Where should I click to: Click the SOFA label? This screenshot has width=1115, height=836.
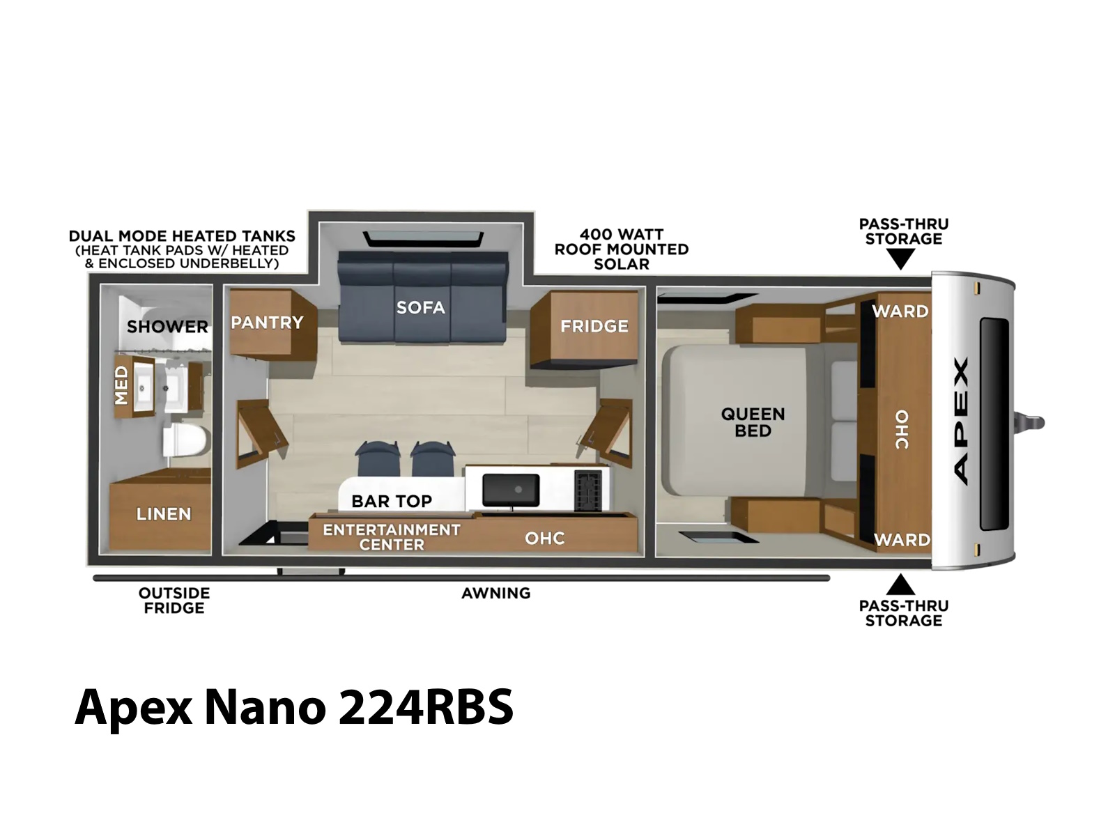(421, 307)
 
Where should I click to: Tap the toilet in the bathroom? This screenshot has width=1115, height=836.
(185, 440)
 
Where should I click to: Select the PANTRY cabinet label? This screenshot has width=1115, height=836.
(267, 323)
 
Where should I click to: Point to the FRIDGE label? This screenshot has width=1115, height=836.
(594, 326)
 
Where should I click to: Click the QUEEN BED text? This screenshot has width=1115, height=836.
(753, 422)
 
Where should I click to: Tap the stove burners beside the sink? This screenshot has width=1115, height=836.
(587, 489)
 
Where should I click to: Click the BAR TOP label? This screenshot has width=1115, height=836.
(392, 502)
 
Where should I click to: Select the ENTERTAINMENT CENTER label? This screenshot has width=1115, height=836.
(392, 537)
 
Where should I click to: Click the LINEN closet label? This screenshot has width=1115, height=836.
(164, 514)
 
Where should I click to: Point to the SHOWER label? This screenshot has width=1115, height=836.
(168, 326)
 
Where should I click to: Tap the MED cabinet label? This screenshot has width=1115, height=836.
(121, 385)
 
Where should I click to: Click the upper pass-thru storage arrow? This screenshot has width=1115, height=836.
(900, 259)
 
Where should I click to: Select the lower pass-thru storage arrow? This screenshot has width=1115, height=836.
(900, 585)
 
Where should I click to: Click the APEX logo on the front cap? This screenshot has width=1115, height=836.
(960, 421)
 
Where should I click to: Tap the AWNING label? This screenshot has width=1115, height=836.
(495, 593)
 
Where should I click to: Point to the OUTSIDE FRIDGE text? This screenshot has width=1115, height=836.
(174, 601)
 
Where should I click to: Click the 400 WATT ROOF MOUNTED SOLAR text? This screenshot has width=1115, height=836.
(621, 249)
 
